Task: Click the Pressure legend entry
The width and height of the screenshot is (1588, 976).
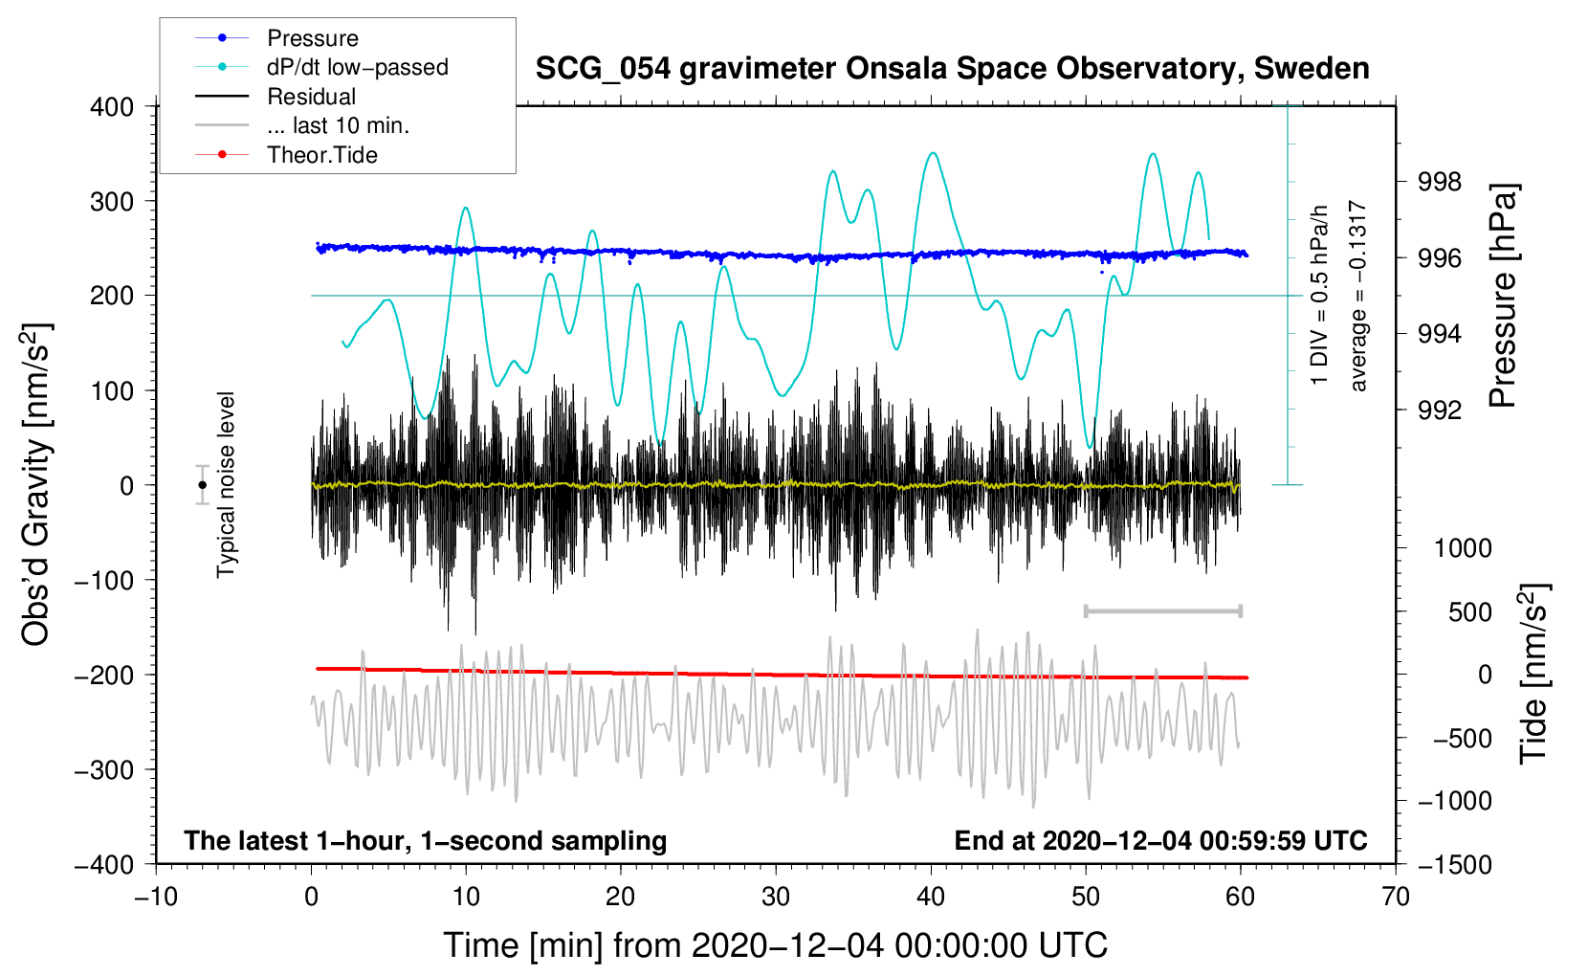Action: [312, 38]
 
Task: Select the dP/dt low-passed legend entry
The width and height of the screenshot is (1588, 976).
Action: [357, 67]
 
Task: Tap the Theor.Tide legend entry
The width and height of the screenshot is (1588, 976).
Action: [321, 155]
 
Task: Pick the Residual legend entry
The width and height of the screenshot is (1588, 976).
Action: [311, 97]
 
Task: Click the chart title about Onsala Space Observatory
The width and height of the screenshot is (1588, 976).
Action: [952, 69]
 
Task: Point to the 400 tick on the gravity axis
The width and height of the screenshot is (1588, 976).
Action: [112, 107]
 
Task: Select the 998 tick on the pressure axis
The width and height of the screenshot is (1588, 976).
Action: [1439, 182]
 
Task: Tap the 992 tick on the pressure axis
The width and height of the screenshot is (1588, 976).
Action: [1439, 410]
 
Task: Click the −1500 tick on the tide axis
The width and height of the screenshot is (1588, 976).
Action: [1454, 864]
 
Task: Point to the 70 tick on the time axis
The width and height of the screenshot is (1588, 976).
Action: [1396, 897]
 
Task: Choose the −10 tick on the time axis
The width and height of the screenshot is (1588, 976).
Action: [156, 897]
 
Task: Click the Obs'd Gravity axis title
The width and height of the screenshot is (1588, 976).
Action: [36, 485]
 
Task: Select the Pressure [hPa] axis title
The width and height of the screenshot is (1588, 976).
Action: [1503, 297]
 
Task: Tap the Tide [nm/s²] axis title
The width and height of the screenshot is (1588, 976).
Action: [1533, 674]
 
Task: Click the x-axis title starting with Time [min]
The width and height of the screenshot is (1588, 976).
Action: [775, 945]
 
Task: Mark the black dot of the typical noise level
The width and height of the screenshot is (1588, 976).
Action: [202, 485]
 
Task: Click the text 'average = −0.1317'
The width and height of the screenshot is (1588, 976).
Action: [1357, 297]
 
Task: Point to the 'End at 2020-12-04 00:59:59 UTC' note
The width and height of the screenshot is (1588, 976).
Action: [1160, 841]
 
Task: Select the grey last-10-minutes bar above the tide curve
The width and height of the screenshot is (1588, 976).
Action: [1162, 610]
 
